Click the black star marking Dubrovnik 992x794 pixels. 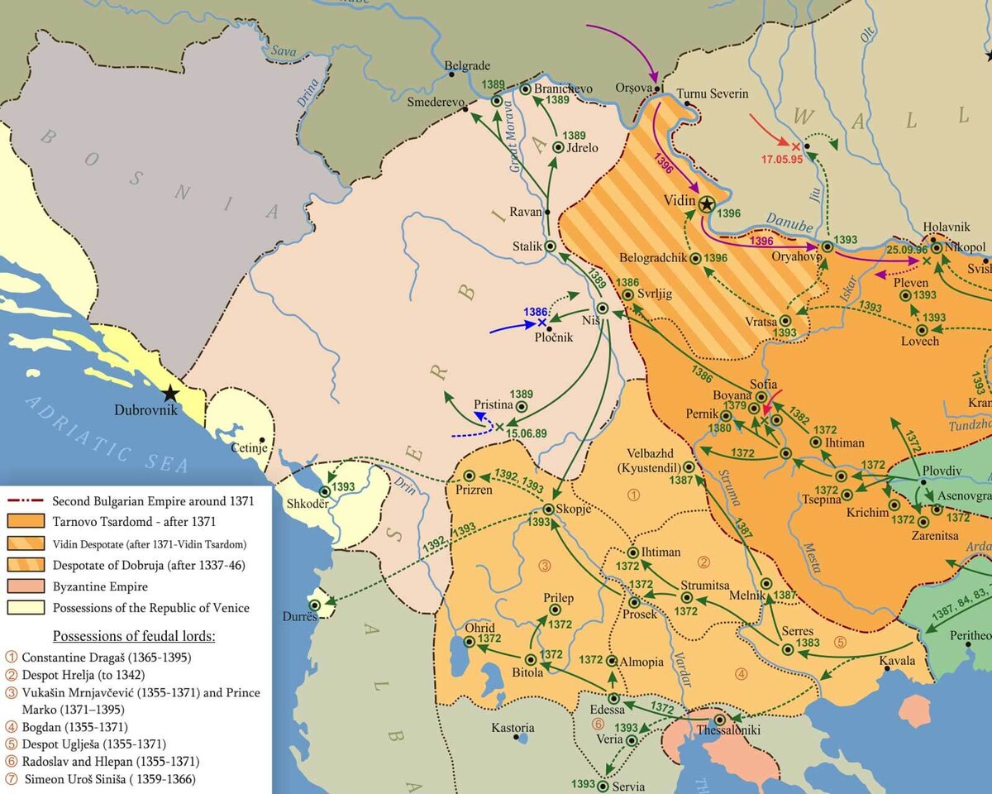(170, 393)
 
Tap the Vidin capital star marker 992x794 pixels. (706, 203)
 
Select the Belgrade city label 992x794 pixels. (467, 65)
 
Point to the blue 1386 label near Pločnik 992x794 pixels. (536, 312)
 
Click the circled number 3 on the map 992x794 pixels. (544, 566)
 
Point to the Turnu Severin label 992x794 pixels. (712, 93)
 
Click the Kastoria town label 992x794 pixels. (513, 728)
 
